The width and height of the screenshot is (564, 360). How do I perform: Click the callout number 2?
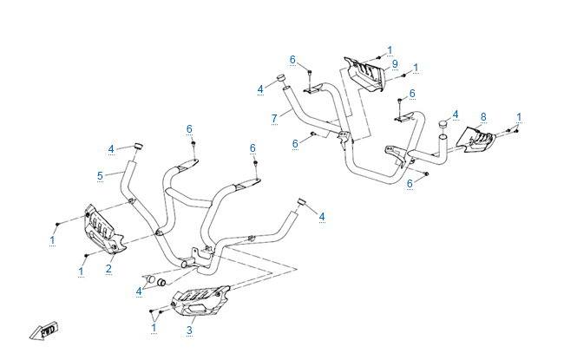pos(109,269)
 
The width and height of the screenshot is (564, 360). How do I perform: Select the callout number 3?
pos(190,330)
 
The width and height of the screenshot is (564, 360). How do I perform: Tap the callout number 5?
pos(100,175)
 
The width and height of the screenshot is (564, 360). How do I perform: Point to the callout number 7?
pos(273,117)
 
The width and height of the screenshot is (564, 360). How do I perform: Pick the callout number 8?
pos(483,116)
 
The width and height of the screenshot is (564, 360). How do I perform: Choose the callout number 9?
pos(394,64)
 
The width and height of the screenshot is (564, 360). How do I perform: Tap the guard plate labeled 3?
pos(200,304)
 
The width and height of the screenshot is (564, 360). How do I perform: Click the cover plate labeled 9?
pos(366,72)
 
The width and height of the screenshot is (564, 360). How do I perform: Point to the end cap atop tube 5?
pos(136,145)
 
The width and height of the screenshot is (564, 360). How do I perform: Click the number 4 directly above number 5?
pos(111,149)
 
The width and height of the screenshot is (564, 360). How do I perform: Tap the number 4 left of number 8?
pos(455,115)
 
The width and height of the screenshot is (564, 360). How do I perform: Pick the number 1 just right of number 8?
pos(519,117)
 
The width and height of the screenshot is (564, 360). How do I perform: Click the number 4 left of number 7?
pos(260,88)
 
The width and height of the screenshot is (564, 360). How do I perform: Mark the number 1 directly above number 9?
pos(390,50)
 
